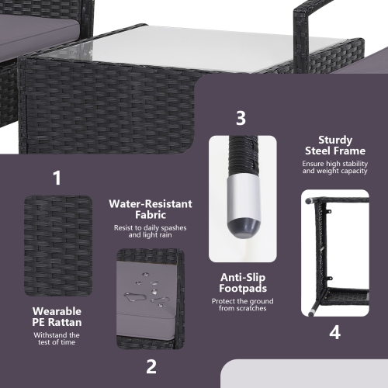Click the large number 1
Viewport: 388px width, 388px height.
point(57,178)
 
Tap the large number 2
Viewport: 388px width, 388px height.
point(151,366)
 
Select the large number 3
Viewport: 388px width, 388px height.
point(241,118)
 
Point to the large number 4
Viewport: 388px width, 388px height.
point(334,332)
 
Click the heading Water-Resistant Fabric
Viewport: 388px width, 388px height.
point(151,210)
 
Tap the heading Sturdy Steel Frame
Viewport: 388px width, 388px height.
point(335,145)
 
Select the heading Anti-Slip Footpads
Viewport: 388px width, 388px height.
point(243,282)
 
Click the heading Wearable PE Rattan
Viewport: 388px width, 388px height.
point(57,317)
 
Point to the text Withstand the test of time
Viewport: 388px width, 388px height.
point(57,338)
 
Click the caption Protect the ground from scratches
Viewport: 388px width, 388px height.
point(243,305)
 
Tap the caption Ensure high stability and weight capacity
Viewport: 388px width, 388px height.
point(335,167)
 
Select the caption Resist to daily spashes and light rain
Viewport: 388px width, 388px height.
point(151,231)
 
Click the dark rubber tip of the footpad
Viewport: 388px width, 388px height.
point(243,225)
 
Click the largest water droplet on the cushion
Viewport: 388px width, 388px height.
point(133,297)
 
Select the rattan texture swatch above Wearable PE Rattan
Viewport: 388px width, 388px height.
point(58,246)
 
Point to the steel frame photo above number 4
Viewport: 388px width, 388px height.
point(335,253)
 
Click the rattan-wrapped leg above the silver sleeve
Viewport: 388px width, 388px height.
point(243,154)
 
